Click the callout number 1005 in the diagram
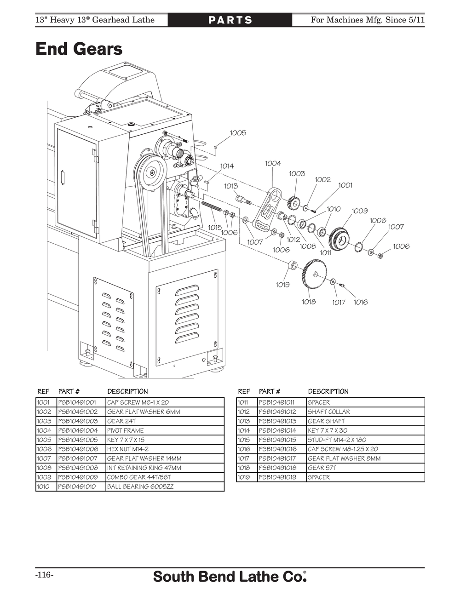coord(238,133)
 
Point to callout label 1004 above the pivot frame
coord(273,163)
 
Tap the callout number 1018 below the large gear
coord(309,302)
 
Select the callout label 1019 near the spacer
coord(282,285)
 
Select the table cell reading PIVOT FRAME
coord(125,430)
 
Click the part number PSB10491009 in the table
coord(78,477)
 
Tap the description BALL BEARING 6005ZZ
coord(140,486)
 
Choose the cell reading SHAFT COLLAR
coord(328,412)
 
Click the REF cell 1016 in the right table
coord(244,449)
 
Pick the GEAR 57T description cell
coord(322,468)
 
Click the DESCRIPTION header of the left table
coord(127,391)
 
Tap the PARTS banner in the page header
coord(230,20)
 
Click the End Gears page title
coord(79,49)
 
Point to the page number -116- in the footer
coord(44,575)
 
